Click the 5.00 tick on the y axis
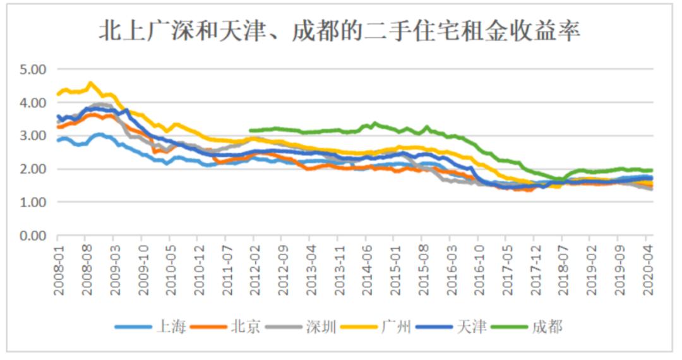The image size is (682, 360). pos(33,68)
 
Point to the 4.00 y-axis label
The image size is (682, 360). pos(33,102)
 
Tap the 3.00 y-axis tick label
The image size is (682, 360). pos(33,135)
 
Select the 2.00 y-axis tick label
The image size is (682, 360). pos(33,169)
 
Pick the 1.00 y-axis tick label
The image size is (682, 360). pos(33,202)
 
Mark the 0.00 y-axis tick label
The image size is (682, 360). pos(33,236)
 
